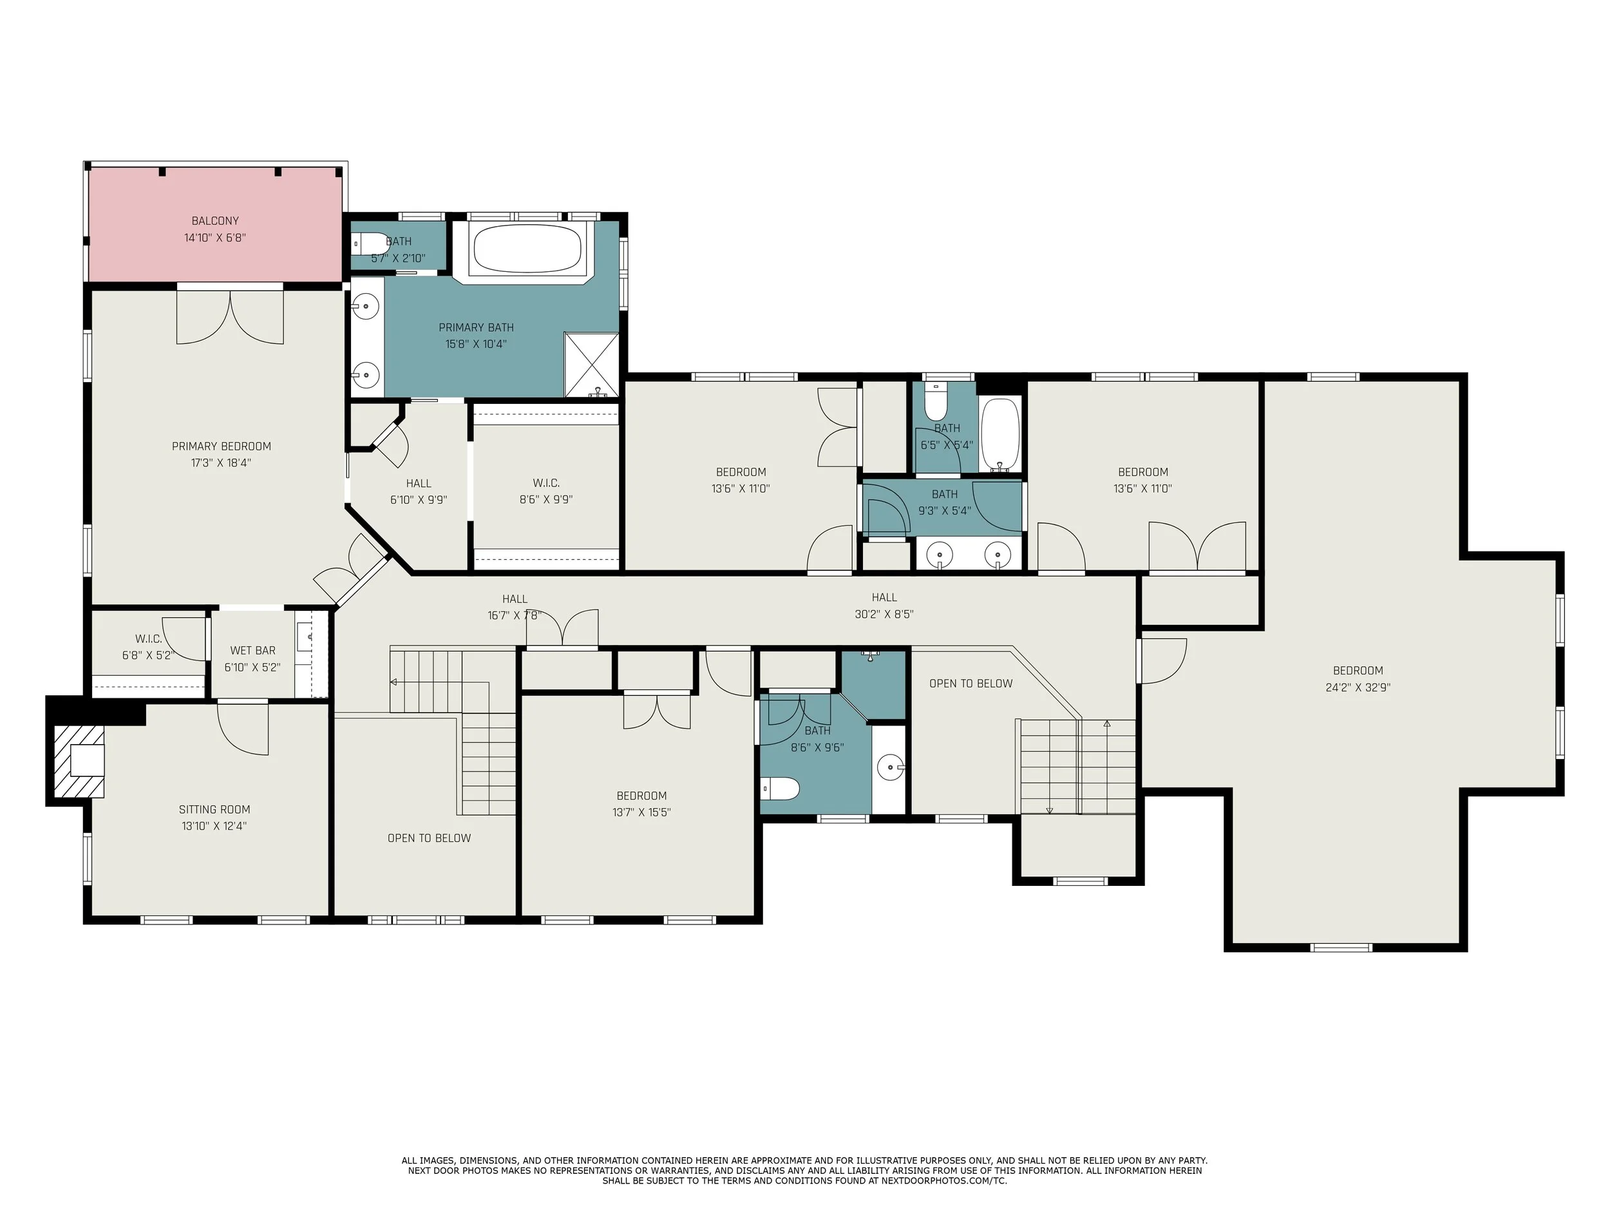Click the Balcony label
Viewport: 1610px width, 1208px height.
214,220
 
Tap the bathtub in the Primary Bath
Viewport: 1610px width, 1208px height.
527,248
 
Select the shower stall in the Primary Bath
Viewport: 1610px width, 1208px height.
592,365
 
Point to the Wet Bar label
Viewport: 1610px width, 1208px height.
252,650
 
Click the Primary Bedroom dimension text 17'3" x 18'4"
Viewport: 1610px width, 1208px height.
222,463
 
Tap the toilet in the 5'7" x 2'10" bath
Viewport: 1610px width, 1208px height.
368,243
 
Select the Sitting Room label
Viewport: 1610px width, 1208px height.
214,809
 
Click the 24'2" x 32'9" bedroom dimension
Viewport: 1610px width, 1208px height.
1358,687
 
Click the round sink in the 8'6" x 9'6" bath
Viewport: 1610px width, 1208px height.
890,767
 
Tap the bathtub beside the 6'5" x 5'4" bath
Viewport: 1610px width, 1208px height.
1001,435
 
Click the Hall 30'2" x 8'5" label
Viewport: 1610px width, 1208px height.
884,606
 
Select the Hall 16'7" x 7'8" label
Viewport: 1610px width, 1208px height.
515,608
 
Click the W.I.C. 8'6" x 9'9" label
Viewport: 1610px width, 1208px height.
546,492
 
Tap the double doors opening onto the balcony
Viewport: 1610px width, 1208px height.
230,318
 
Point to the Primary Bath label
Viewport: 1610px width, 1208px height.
476,328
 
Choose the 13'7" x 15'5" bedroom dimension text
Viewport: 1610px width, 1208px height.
641,812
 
